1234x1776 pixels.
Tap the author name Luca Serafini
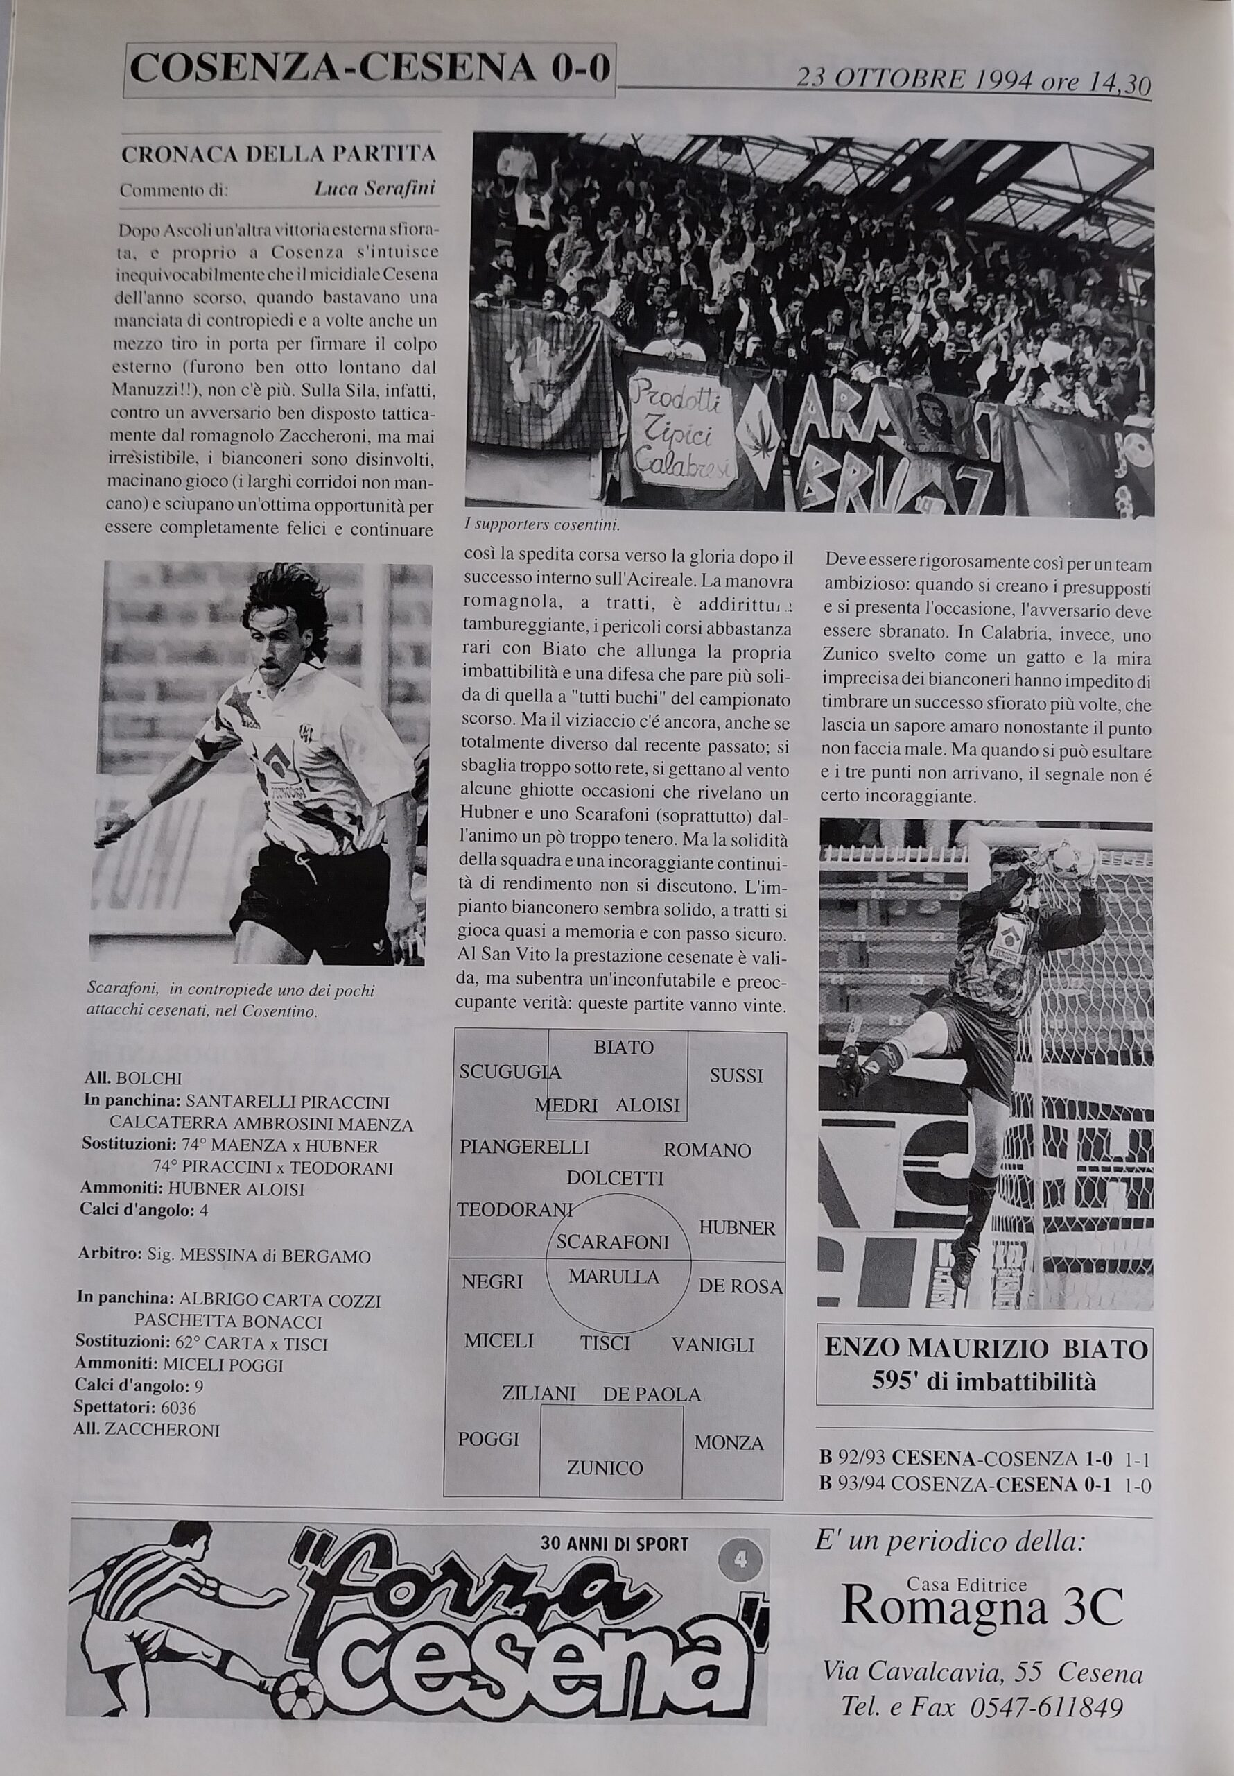coord(375,189)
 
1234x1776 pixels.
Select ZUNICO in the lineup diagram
coord(605,1467)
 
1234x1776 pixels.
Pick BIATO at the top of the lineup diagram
coord(623,1048)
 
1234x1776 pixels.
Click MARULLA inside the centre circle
coord(614,1277)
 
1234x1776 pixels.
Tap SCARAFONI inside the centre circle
coord(612,1243)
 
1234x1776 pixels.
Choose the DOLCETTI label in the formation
coord(615,1178)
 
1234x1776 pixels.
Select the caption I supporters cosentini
coord(542,524)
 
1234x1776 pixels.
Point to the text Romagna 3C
coord(981,1606)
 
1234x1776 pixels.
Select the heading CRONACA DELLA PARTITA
coord(279,153)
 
